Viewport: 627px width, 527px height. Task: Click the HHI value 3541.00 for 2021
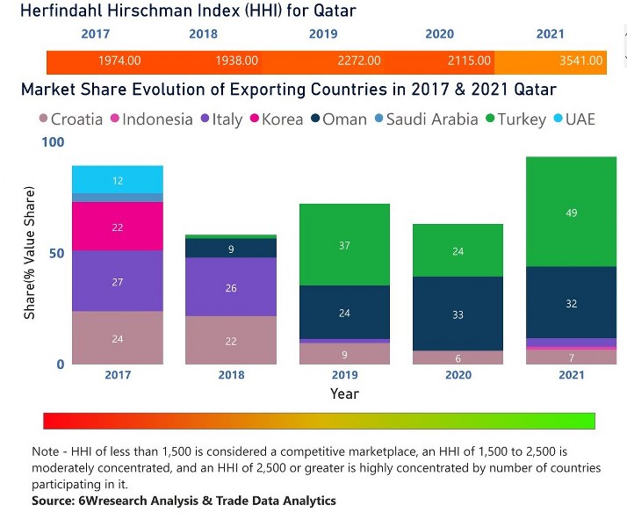[582, 61]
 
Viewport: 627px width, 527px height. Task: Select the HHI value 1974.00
[120, 61]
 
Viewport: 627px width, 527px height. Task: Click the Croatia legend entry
[69, 119]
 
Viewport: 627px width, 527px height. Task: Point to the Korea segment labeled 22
[118, 227]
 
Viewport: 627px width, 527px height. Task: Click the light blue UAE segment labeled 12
[118, 180]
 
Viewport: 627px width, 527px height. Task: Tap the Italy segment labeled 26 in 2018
[231, 287]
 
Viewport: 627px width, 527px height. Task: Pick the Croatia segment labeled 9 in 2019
[345, 354]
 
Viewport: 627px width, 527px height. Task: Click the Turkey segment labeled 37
[345, 245]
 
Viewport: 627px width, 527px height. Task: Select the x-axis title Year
[344, 394]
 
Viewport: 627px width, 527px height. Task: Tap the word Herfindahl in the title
[65, 11]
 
